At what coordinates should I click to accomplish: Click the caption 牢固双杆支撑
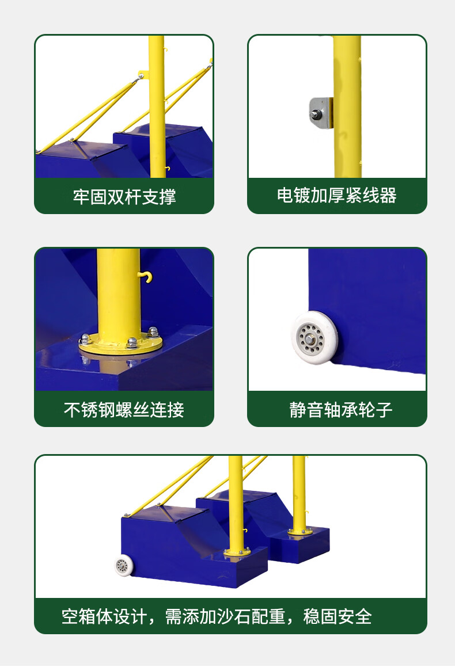(124, 197)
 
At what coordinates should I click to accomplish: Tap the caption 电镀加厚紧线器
(337, 196)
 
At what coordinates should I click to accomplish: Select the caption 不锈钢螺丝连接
(124, 410)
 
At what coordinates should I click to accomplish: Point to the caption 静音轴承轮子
(341, 410)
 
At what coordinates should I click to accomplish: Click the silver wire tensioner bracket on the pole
(321, 113)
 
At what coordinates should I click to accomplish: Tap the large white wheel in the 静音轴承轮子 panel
(314, 338)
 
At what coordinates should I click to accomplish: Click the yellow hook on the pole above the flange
(146, 277)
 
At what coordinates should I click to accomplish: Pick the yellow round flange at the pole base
(121, 342)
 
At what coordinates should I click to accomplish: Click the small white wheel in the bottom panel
(124, 566)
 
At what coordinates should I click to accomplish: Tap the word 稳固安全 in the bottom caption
(338, 616)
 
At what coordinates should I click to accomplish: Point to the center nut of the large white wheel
(310, 339)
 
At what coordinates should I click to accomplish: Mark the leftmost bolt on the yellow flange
(85, 339)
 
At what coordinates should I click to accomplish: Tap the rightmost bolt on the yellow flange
(153, 331)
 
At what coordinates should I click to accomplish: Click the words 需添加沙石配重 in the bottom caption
(225, 616)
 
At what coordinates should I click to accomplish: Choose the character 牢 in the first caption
(81, 197)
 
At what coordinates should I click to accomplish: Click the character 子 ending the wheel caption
(384, 410)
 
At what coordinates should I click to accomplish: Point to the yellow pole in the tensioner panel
(347, 106)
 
